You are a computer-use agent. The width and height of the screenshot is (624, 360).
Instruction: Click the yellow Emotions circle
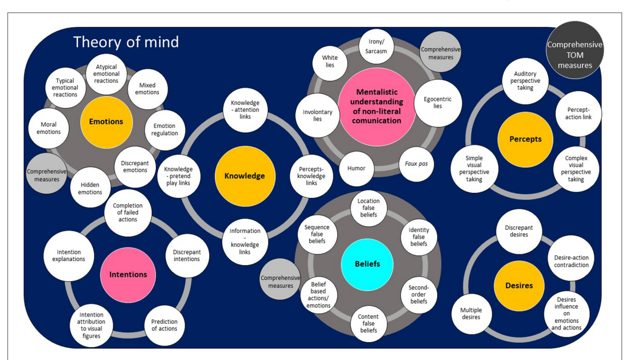click(x=106, y=122)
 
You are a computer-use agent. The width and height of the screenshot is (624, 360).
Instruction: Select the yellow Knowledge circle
click(x=245, y=176)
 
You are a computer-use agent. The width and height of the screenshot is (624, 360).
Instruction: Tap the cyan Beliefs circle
click(x=367, y=264)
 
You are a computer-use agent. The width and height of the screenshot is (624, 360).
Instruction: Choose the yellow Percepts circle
click(x=525, y=139)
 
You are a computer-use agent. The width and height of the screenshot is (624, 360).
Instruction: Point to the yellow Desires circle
click(x=519, y=286)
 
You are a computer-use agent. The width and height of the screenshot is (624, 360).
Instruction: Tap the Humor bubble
click(x=357, y=168)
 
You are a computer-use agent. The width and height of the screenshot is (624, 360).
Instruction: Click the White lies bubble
click(x=330, y=61)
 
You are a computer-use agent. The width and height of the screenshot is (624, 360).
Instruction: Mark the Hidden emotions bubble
click(x=91, y=189)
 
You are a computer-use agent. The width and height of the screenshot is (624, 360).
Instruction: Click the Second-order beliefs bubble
click(x=418, y=294)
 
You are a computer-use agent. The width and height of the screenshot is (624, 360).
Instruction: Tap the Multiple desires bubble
click(x=471, y=314)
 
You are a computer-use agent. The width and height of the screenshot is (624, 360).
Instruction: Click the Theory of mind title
click(x=126, y=42)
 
